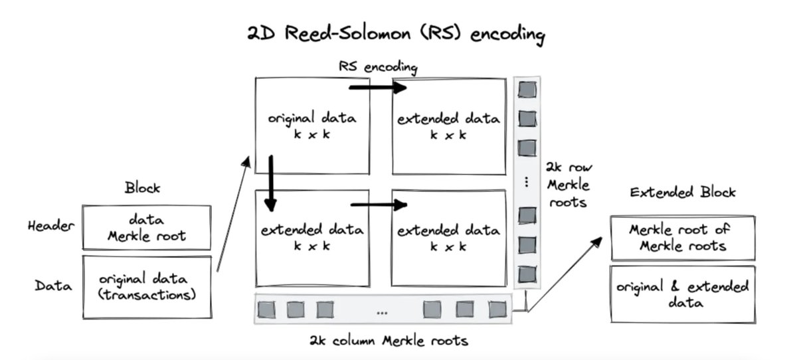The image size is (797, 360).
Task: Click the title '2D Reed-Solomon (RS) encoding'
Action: pos(397,35)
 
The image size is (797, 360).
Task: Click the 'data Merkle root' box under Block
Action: pos(147,227)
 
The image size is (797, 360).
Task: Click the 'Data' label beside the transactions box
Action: pos(53,286)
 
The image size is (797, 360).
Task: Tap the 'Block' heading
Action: pos(143,188)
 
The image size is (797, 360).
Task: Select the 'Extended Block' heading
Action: pos(682,193)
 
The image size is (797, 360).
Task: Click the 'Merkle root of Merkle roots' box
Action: pos(682,237)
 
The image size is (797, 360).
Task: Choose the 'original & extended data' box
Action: pos(682,294)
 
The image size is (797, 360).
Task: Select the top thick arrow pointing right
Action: pos(378,87)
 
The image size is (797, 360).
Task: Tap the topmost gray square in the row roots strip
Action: pos(527,89)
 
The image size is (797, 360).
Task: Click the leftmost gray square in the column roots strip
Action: pos(266,309)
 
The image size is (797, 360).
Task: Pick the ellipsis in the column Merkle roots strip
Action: pos(383,311)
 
